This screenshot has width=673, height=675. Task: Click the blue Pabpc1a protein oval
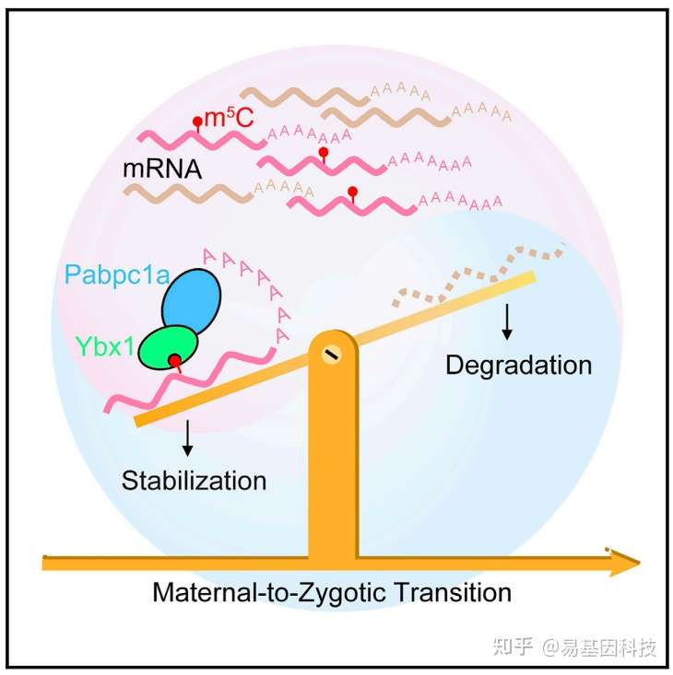tap(193, 299)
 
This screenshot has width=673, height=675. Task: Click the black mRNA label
tap(162, 170)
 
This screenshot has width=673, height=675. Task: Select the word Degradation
tap(518, 365)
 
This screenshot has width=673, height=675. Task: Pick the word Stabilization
tap(194, 481)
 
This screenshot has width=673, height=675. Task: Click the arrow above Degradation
tap(506, 320)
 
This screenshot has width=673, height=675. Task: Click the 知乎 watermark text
tap(513, 647)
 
